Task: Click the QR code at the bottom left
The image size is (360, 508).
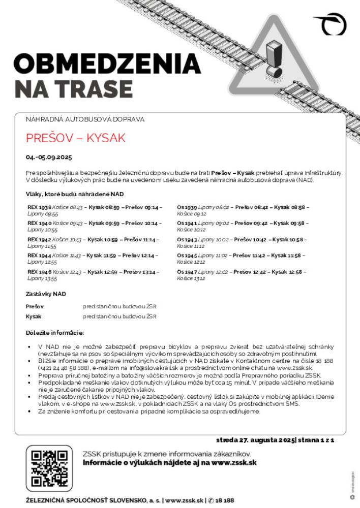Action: click(x=49, y=468)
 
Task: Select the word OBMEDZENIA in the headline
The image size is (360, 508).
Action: click(x=107, y=63)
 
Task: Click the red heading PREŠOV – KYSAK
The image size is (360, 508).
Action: click(x=75, y=138)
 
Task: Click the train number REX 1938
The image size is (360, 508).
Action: click(x=39, y=207)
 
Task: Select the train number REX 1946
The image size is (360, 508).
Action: click(x=39, y=272)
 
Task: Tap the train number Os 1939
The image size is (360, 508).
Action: click(x=187, y=207)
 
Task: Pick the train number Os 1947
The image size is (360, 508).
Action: click(x=187, y=272)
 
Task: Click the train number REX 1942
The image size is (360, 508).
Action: click(x=39, y=239)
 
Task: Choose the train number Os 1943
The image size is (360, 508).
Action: click(x=187, y=239)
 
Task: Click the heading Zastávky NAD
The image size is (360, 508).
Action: click(x=46, y=294)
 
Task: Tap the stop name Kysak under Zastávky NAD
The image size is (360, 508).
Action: click(x=34, y=316)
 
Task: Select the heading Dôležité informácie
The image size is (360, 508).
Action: click(x=54, y=333)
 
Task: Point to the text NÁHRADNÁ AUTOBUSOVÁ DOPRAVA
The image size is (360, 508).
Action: click(x=85, y=119)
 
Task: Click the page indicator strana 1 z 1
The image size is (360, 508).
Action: click(x=315, y=439)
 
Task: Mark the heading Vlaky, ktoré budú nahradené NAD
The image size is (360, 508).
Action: click(x=75, y=194)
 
